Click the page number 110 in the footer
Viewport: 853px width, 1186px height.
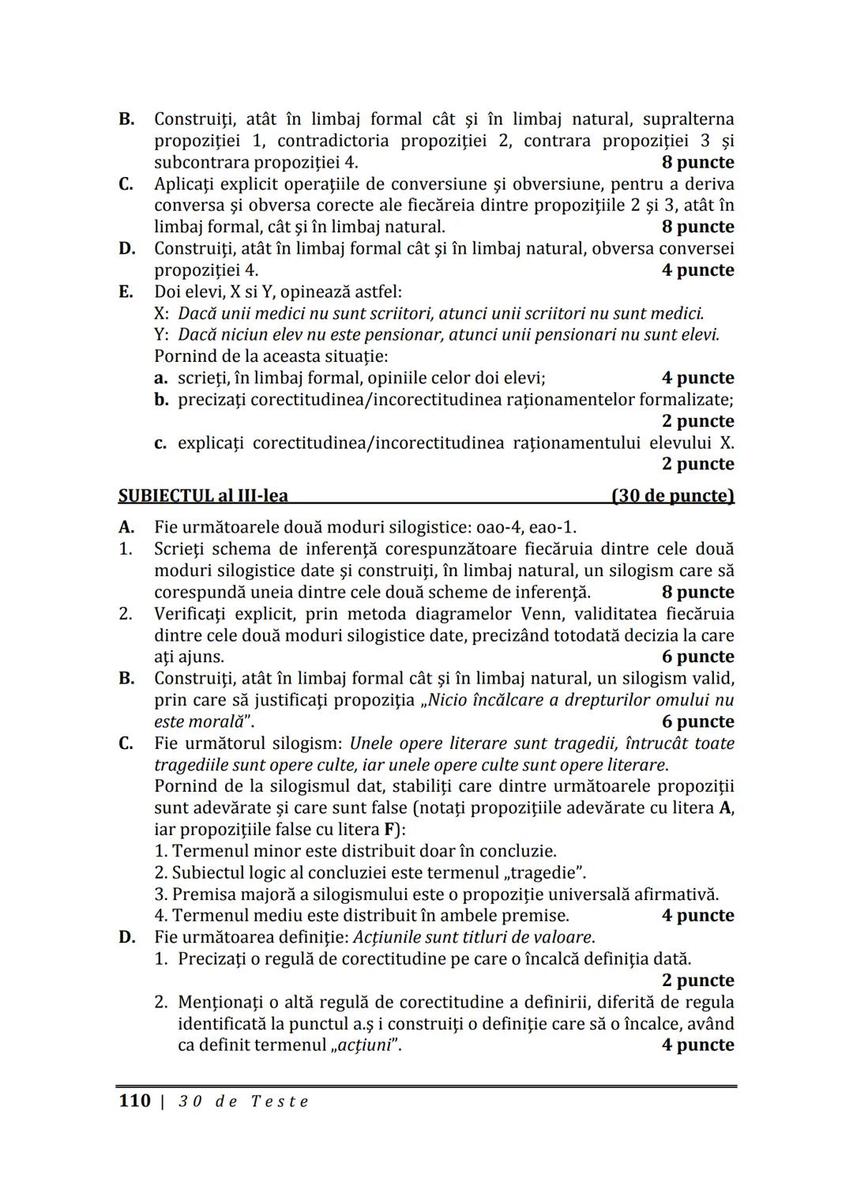134,1101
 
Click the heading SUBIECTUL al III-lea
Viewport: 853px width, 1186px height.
203,496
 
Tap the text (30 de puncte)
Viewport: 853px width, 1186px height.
673,496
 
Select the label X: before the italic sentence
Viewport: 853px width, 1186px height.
162,313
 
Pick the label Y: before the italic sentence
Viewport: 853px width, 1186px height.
162,334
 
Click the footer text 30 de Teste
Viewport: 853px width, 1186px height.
243,1101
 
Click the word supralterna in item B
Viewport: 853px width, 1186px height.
688,119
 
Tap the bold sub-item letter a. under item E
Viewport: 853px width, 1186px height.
161,378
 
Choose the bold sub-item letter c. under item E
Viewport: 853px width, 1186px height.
160,442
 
